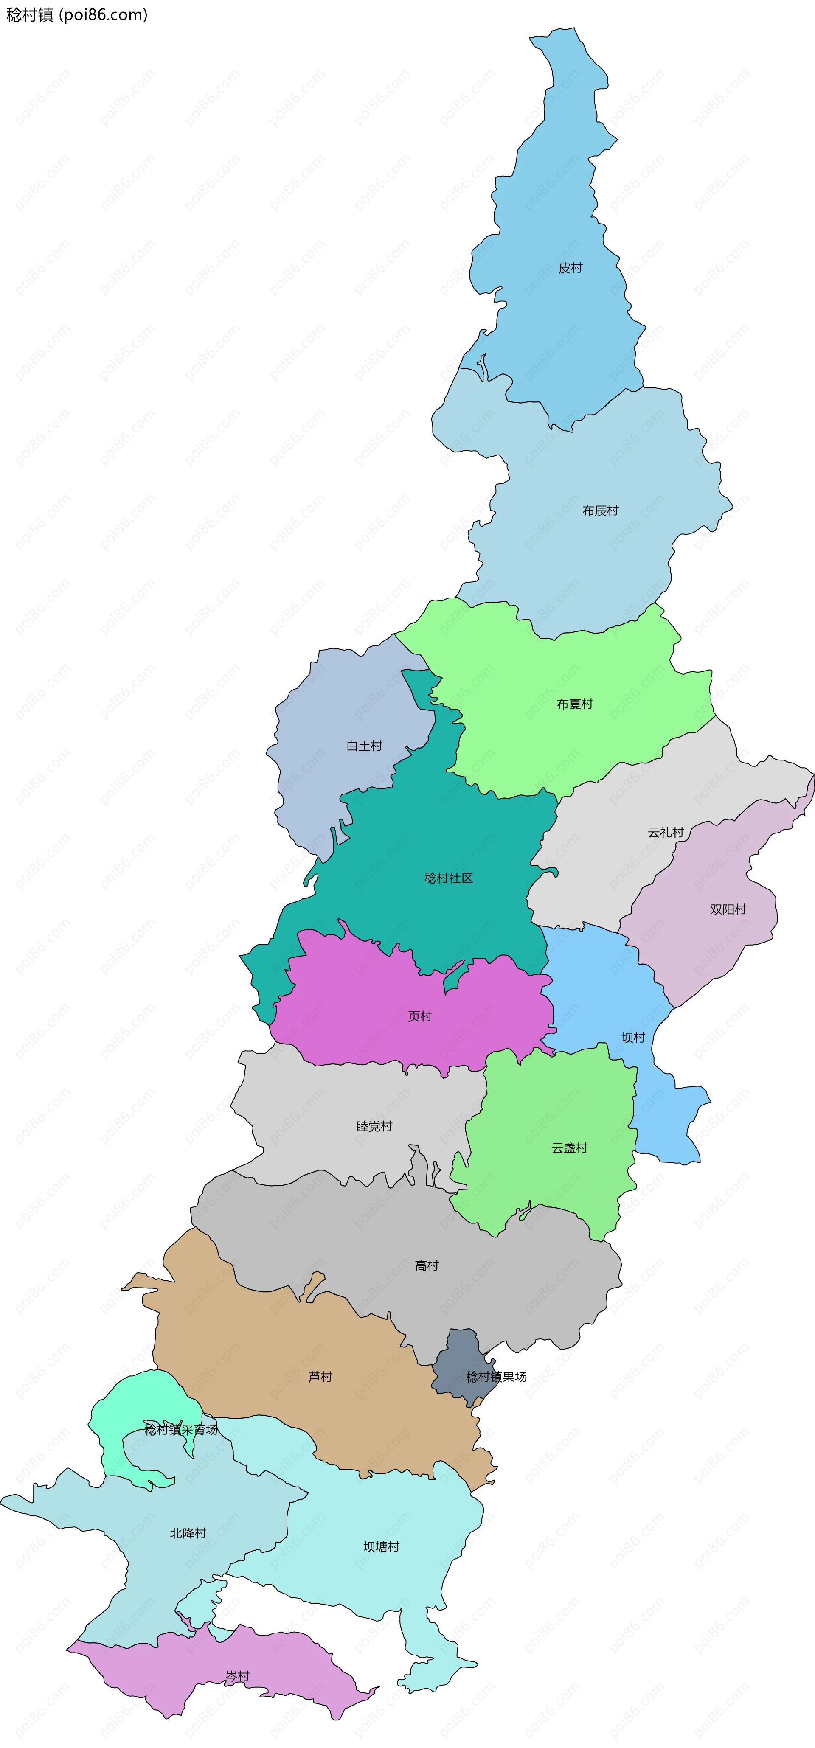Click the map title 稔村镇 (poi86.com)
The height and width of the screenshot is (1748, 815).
click(x=77, y=15)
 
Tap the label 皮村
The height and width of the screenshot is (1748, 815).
click(x=570, y=268)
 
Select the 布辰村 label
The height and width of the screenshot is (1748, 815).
click(x=601, y=510)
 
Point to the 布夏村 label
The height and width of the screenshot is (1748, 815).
click(x=575, y=704)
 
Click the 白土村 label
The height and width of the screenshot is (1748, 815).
click(x=364, y=746)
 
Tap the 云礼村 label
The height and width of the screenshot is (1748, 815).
click(x=666, y=832)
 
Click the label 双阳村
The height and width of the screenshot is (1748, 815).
click(x=728, y=909)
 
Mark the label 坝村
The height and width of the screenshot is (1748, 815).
click(x=633, y=1038)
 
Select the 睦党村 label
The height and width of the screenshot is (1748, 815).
click(x=374, y=1126)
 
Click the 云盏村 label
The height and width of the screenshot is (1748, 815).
click(x=569, y=1148)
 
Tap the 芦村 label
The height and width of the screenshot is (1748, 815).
click(x=320, y=1377)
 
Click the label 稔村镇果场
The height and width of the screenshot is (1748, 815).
click(x=496, y=1377)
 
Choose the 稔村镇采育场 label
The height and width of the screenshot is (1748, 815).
click(x=181, y=1430)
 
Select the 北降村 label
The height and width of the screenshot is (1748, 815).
click(x=188, y=1533)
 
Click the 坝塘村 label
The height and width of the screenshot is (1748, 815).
click(x=381, y=1546)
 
